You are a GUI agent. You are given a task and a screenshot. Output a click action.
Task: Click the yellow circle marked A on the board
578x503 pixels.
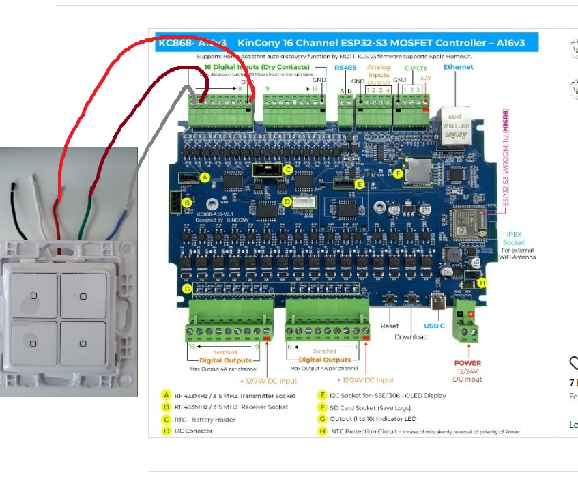(204, 177)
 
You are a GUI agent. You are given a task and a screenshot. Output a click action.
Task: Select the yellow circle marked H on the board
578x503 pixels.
(482, 282)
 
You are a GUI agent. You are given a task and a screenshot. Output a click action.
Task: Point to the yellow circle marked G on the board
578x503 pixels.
(187, 289)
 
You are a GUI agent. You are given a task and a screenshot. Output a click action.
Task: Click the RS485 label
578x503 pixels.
(345, 68)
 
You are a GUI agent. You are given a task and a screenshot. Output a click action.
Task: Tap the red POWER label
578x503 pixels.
(467, 363)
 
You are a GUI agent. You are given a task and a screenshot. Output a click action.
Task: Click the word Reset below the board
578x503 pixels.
(389, 326)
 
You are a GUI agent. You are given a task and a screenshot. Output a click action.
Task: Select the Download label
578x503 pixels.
(411, 336)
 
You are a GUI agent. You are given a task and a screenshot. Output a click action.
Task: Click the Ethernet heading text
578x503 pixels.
(458, 67)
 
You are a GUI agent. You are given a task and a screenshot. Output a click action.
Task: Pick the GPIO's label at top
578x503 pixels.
(415, 68)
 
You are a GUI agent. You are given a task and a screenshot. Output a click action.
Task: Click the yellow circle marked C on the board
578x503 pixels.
(288, 170)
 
